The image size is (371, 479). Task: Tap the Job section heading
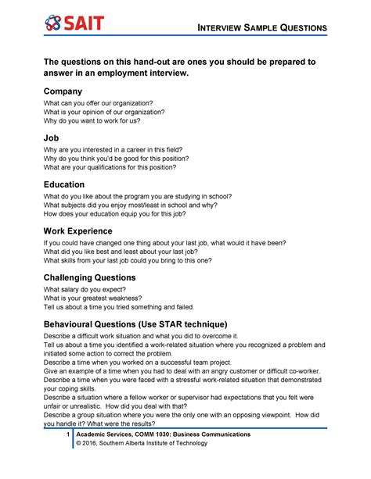(x=52, y=138)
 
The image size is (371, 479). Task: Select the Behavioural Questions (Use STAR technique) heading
(x=146, y=324)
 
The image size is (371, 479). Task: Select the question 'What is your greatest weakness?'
(x=92, y=298)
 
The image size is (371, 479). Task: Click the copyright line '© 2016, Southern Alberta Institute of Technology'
(x=141, y=444)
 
